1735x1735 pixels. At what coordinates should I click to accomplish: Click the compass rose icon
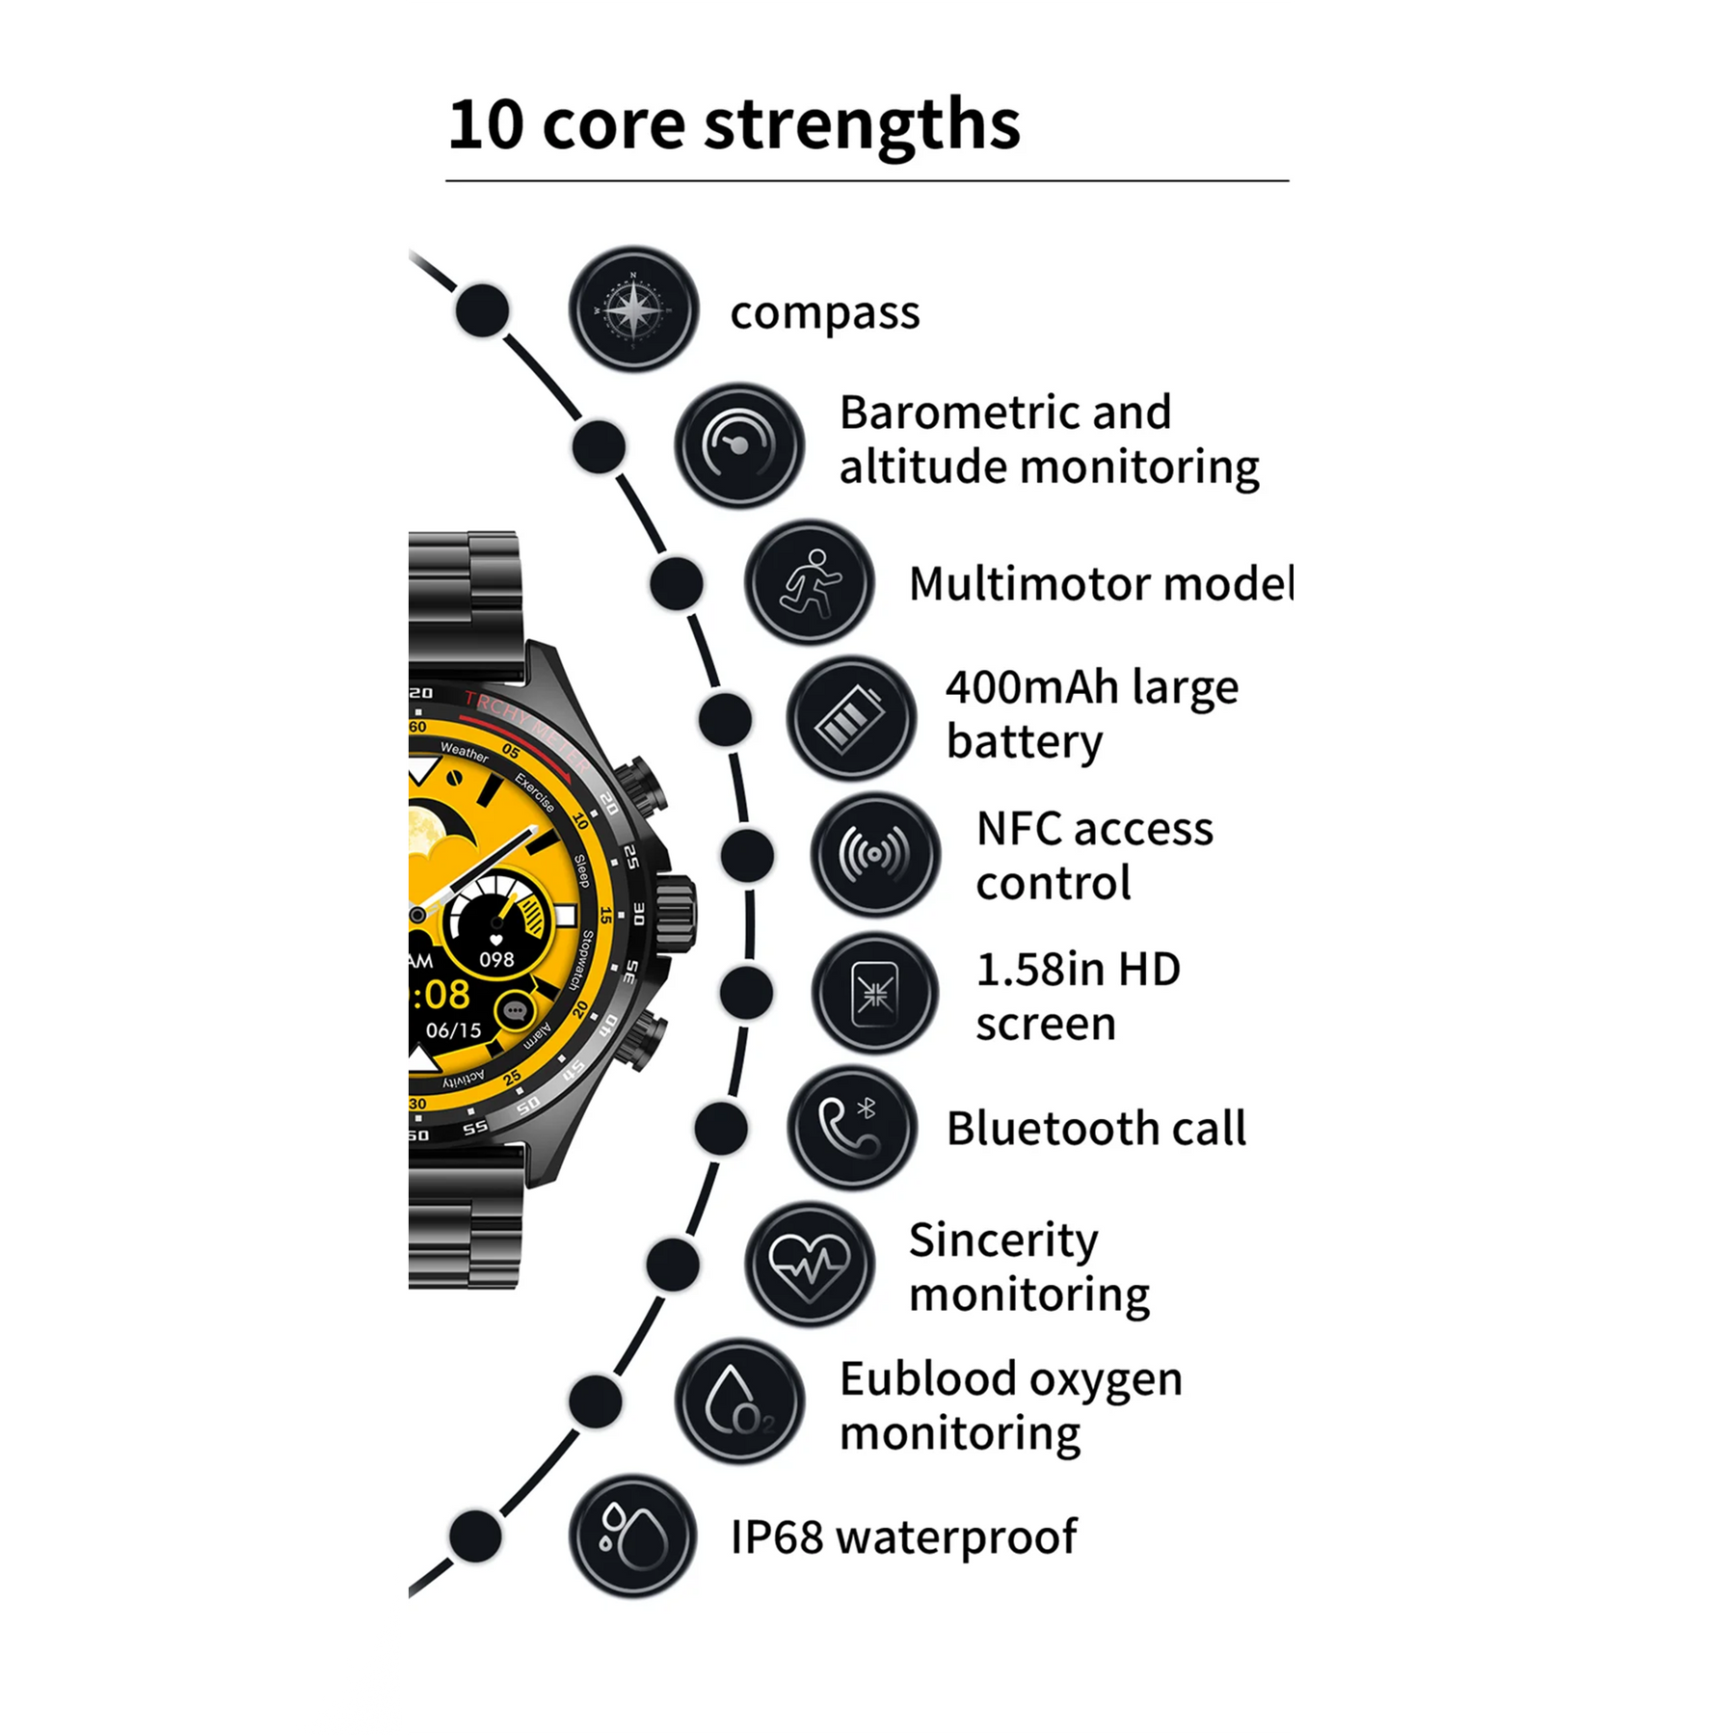(633, 309)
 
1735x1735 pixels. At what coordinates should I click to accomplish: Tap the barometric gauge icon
(739, 445)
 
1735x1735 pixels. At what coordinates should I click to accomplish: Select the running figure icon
(810, 582)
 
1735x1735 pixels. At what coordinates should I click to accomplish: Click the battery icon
(851, 718)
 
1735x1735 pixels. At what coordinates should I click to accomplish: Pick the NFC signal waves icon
(875, 854)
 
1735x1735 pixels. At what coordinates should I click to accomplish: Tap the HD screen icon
(875, 993)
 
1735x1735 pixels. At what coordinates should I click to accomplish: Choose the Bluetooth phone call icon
(851, 1128)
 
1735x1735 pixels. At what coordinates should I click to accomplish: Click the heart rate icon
(810, 1264)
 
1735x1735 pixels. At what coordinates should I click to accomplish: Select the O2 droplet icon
(739, 1401)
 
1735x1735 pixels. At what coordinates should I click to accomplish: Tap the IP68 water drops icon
(633, 1535)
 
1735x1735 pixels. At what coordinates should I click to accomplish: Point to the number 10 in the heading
(487, 125)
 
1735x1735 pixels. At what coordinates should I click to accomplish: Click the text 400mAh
(1031, 688)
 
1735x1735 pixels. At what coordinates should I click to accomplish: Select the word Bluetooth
(1052, 1129)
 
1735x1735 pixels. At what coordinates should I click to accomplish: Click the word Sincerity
(1003, 1241)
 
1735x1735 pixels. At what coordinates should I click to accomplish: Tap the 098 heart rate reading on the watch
(496, 960)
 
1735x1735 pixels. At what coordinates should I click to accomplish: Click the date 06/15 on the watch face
(453, 1030)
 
